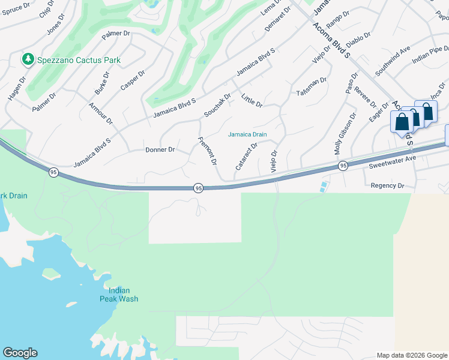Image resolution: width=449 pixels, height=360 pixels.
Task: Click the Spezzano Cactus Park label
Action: coord(78,60)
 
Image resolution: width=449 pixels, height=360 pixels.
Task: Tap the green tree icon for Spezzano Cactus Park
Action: coord(28,59)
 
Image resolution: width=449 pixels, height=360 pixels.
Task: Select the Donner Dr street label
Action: coord(160,149)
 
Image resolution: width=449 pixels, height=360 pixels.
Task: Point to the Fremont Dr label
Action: coord(207,151)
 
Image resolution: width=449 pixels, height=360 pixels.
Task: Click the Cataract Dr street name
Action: coord(246,155)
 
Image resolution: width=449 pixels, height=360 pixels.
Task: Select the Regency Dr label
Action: coord(388,186)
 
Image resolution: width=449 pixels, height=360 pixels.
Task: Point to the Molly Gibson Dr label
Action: coord(345,131)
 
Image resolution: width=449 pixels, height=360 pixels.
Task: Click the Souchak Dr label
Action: coord(217,104)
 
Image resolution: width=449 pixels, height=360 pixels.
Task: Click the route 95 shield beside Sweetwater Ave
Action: coord(343,166)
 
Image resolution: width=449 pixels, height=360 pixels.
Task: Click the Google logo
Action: coord(20,353)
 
